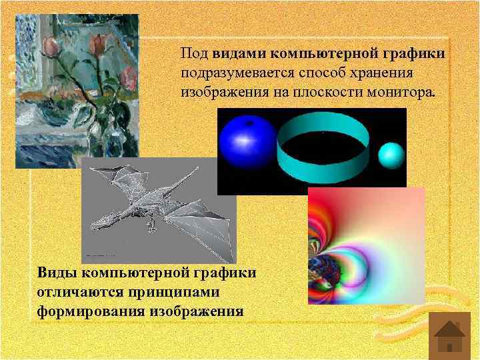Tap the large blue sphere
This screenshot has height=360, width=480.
pos(247,145)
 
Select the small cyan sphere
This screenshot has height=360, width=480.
pos(391,155)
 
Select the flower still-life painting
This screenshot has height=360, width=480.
pos(77,90)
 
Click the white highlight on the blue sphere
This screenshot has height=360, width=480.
pos(242,138)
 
